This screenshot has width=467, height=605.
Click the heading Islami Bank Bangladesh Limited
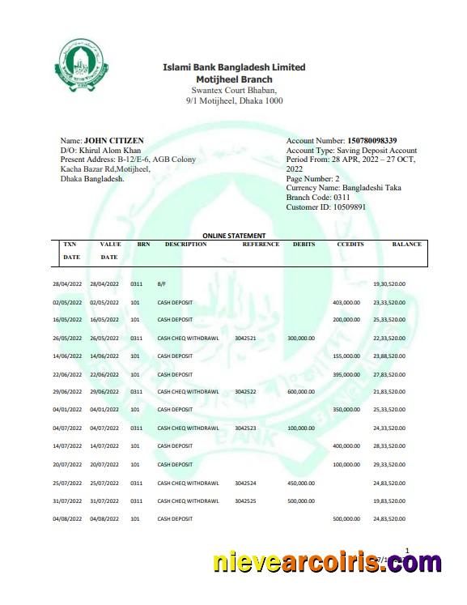pos(234,67)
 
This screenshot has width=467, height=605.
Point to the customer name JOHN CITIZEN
pos(114,141)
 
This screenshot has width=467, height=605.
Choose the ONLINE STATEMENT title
pos(234,236)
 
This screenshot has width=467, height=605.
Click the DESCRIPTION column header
pos(185,245)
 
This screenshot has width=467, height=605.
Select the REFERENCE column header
pos(261,245)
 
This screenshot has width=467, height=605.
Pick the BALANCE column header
pos(407,245)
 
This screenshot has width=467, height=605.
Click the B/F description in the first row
pos(162,284)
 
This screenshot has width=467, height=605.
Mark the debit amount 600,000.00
pos(302,391)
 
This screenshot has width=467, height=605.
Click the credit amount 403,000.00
pos(346,302)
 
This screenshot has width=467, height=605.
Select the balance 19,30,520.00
pos(389,284)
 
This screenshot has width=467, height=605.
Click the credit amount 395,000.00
pos(346,374)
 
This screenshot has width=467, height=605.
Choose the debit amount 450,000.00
pos(302,484)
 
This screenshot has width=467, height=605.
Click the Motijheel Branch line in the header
pos(234,79)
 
